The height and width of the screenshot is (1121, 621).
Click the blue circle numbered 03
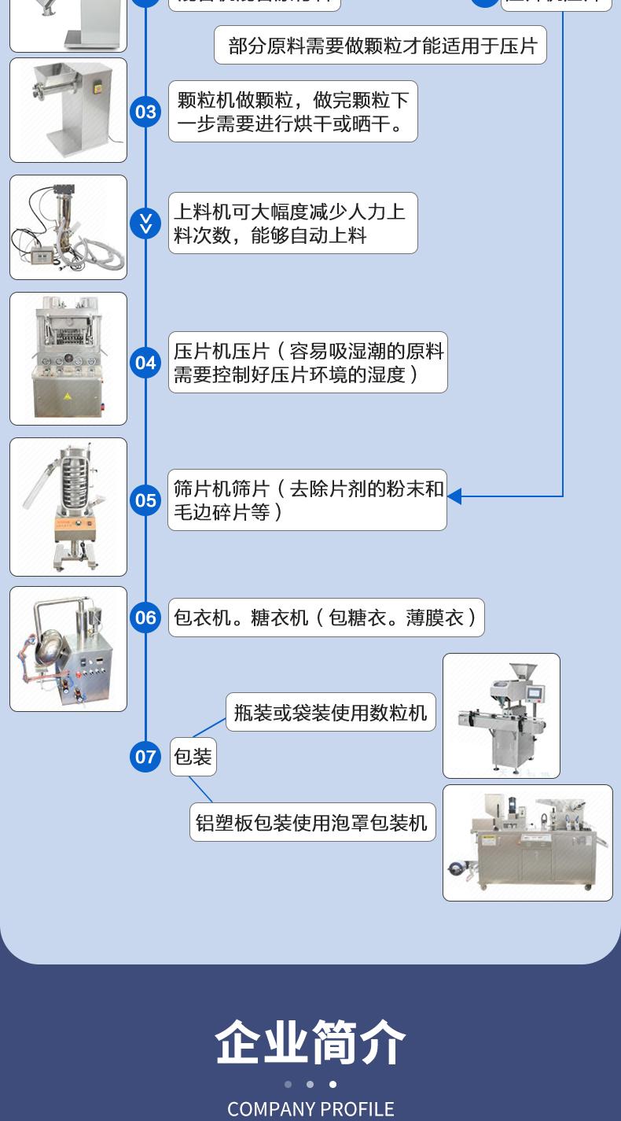point(145,112)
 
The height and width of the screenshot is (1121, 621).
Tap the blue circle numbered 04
point(145,363)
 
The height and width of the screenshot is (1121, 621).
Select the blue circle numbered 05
point(145,500)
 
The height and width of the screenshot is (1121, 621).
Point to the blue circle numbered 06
point(145,618)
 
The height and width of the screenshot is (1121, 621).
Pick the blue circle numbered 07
point(145,757)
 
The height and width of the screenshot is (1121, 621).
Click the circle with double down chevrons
point(145,223)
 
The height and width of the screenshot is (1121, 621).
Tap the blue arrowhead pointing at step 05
point(454,496)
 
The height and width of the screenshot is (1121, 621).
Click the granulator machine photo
point(68,110)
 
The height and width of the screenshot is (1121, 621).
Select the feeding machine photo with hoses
point(68,227)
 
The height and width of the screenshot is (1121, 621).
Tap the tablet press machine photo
point(68,359)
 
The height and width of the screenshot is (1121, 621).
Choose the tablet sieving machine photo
point(68,507)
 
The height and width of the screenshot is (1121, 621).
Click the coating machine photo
point(68,649)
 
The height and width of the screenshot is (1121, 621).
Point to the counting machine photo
point(502,716)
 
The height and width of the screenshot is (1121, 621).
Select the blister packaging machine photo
point(527,843)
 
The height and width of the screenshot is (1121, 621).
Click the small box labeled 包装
point(193,757)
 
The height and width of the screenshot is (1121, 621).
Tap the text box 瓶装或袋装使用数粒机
point(330,713)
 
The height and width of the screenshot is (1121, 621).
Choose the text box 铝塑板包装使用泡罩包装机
point(312,823)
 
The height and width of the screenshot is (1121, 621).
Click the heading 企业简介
point(310,1042)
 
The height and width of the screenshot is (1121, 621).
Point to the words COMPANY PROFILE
point(310,1109)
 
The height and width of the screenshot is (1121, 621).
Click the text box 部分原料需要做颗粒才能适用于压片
point(380,46)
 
